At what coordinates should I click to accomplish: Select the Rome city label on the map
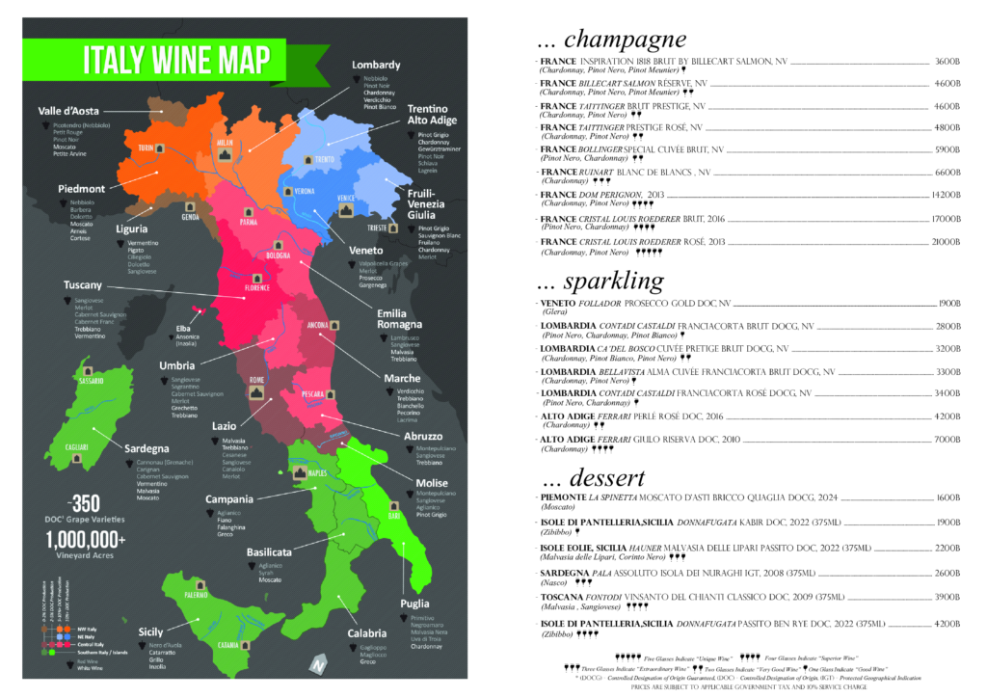256,379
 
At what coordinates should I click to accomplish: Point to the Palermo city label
197,595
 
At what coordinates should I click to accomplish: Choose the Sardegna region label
147,448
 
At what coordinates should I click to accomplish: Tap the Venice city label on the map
346,197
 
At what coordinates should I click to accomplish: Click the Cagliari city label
76,446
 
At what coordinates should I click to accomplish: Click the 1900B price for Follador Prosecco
948,303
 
